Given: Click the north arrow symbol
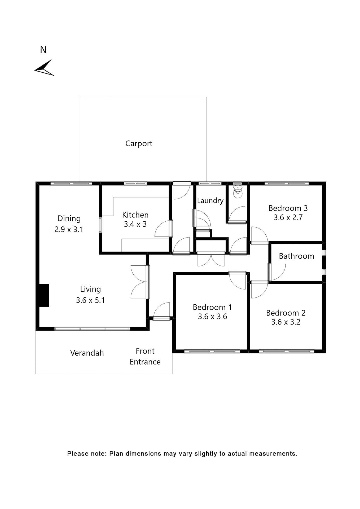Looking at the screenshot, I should (44, 68).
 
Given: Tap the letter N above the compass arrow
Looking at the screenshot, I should (43, 50).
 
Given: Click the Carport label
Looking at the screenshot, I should (139, 143).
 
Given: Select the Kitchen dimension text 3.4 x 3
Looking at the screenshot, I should (135, 224).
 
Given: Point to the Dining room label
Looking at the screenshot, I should (69, 218).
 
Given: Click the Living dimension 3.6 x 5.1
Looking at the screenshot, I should (90, 300).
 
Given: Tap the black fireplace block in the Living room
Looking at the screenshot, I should (44, 295).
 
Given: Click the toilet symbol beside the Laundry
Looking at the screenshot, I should (238, 192).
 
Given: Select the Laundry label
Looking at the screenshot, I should (210, 201).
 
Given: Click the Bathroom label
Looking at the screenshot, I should (296, 256).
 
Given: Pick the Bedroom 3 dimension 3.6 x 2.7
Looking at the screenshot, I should (288, 217).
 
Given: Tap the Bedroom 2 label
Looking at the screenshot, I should (286, 313).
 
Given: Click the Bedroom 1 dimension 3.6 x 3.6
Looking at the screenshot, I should (212, 317).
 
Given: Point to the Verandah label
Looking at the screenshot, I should (87, 353).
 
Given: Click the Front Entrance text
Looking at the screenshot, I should (145, 356).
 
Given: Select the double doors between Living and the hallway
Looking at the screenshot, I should (139, 282).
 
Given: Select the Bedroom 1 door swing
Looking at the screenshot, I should (238, 281).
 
